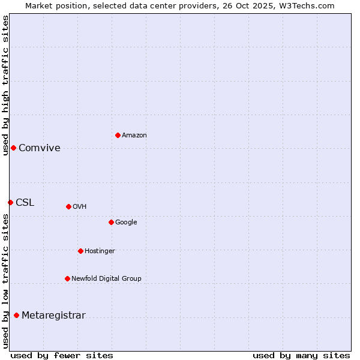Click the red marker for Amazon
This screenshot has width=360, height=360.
[x=118, y=135]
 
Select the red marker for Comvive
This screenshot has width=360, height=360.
[x=13, y=148]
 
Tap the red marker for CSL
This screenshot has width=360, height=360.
[x=10, y=202]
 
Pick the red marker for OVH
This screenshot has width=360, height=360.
[x=68, y=206]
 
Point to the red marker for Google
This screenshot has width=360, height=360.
[x=111, y=222]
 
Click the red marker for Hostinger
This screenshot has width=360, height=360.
[x=80, y=251]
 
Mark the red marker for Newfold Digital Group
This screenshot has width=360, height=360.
[x=67, y=278]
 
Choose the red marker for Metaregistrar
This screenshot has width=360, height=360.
[x=16, y=315]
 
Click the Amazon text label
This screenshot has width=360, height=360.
[x=134, y=136]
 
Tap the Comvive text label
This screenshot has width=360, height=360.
[x=40, y=148]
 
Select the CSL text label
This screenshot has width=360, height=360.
[x=25, y=203]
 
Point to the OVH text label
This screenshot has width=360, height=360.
[x=80, y=207]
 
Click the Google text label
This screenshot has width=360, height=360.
[x=126, y=223]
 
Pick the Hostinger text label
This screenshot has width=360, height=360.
[x=100, y=251]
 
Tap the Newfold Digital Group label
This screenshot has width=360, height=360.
[x=106, y=279]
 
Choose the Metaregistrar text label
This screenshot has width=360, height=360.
[x=53, y=316]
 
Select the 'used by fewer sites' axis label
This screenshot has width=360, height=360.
[x=62, y=355]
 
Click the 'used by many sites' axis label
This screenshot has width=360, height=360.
[x=301, y=355]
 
